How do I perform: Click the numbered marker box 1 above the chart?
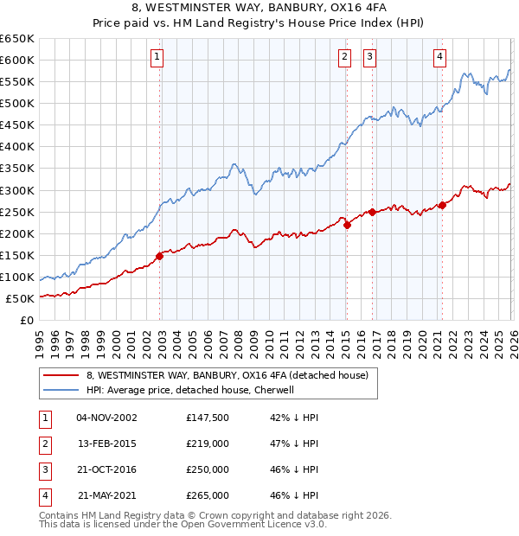tap(157, 57)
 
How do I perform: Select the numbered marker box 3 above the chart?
tap(369, 57)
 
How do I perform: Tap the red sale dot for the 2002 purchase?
tap(160, 256)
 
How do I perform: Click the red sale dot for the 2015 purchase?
tap(347, 225)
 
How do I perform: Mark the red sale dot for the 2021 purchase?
tap(442, 205)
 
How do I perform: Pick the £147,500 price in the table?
tap(208, 418)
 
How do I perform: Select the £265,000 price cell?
tap(208, 495)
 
